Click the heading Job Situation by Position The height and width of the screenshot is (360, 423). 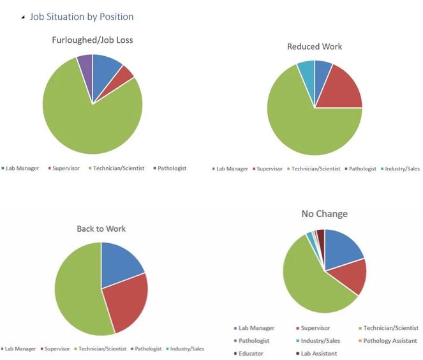81,17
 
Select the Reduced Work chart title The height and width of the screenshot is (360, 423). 315,47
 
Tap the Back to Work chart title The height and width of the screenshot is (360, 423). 101,229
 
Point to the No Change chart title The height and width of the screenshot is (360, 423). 324,214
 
